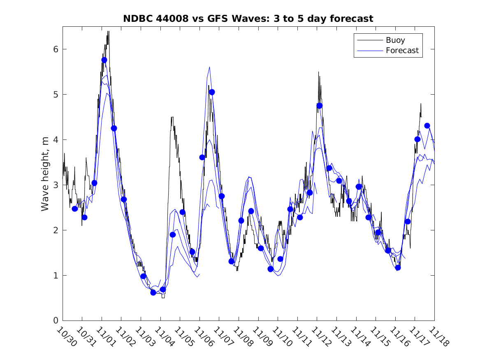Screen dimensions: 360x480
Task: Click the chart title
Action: pyautogui.click(x=248, y=19)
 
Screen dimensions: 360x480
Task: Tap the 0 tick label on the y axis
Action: pyautogui.click(x=56, y=321)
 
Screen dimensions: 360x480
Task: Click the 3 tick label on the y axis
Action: pyautogui.click(x=56, y=185)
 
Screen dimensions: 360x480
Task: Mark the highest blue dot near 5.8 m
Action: pyautogui.click(x=104, y=60)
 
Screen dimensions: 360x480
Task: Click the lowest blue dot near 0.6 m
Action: pyautogui.click(x=153, y=293)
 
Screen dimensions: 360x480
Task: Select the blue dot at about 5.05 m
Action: pyautogui.click(x=212, y=92)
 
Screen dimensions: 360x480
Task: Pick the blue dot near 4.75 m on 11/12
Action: pyautogui.click(x=320, y=105)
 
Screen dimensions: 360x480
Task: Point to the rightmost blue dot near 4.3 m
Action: pyautogui.click(x=427, y=125)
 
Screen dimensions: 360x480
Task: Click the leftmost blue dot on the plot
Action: pyautogui.click(x=75, y=209)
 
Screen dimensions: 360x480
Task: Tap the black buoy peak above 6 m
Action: pyautogui.click(x=108, y=32)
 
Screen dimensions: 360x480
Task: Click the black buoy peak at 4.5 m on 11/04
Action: pyautogui.click(x=172, y=118)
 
